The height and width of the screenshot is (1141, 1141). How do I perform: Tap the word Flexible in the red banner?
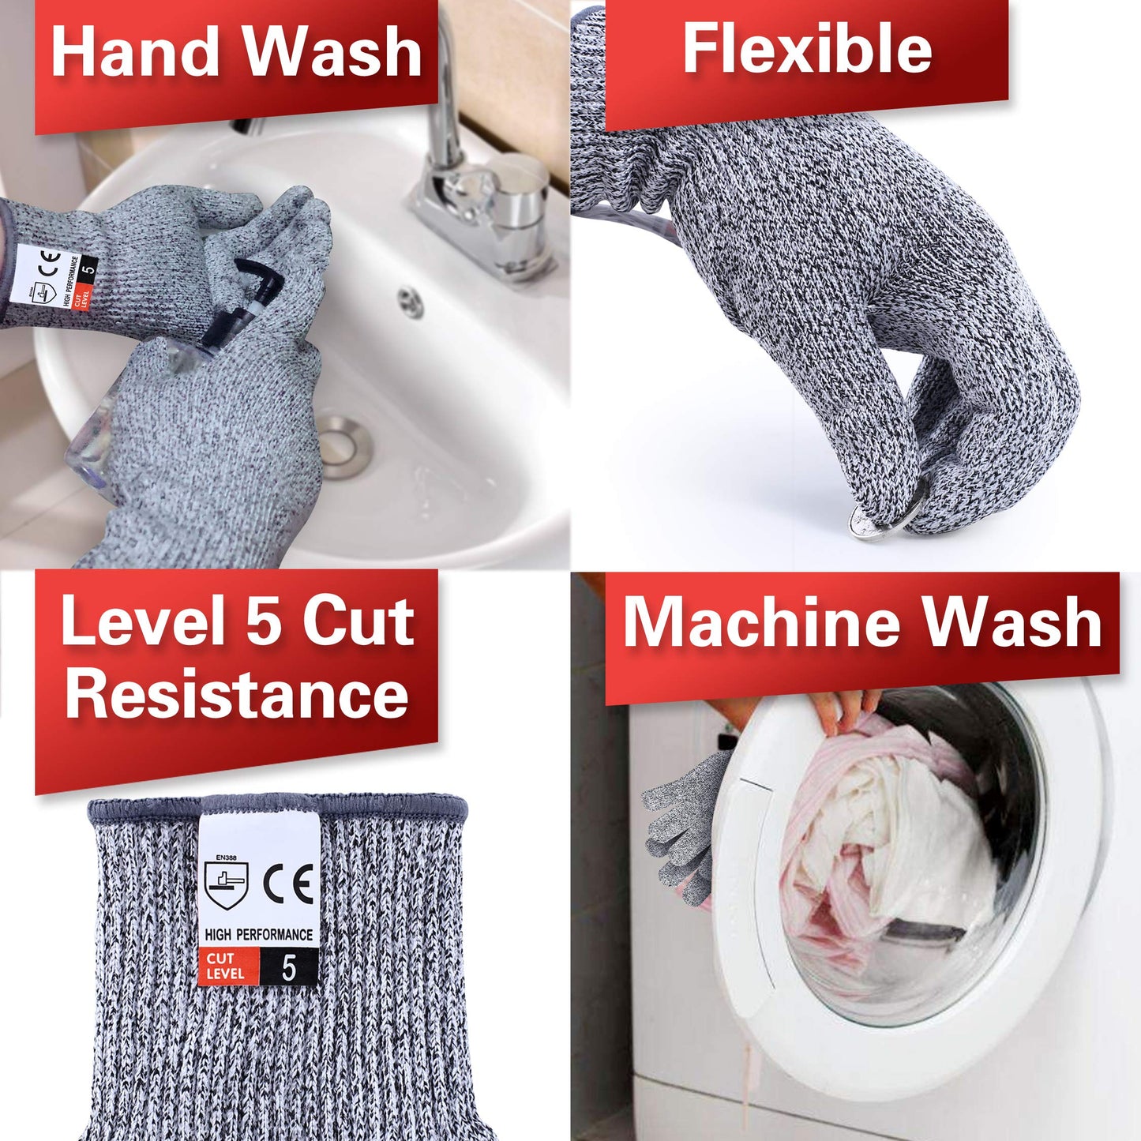pyautogui.click(x=806, y=49)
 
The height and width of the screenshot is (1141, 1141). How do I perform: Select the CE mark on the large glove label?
pyautogui.click(x=288, y=884)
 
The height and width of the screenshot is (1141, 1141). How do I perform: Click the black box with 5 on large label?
pyautogui.click(x=289, y=966)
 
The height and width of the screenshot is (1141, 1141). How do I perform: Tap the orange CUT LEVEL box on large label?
pyautogui.click(x=227, y=966)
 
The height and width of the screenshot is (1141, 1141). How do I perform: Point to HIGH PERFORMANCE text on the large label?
pyautogui.click(x=259, y=935)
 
